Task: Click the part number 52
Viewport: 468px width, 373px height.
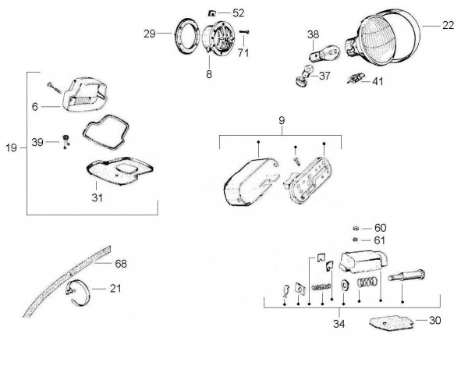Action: [238, 12]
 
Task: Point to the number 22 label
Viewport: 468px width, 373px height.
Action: [448, 25]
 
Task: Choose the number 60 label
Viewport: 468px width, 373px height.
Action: [380, 227]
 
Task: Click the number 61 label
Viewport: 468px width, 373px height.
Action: [380, 240]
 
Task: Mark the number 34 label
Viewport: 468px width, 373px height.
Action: [338, 324]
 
